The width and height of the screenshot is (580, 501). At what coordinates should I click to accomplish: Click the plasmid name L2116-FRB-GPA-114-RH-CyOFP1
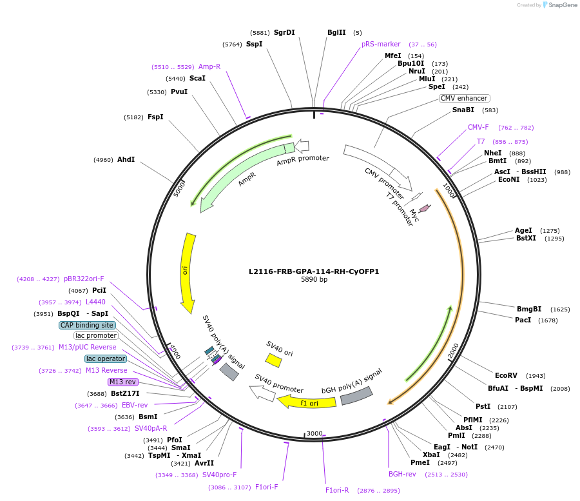[314, 271]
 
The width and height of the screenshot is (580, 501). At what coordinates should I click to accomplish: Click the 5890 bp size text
[314, 280]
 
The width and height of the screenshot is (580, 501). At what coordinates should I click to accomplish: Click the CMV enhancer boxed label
[464, 98]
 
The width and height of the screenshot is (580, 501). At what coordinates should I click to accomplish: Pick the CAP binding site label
[87, 325]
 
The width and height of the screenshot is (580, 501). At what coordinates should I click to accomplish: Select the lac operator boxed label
[106, 359]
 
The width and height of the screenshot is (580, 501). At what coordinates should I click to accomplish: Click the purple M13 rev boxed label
[123, 382]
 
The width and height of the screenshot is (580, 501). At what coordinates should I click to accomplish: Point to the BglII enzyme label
[336, 32]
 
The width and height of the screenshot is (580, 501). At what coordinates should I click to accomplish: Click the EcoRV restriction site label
[506, 375]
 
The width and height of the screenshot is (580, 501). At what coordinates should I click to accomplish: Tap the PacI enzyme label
[523, 320]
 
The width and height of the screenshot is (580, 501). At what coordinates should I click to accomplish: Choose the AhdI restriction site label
[126, 159]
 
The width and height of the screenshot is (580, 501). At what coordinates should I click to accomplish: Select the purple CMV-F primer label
[478, 127]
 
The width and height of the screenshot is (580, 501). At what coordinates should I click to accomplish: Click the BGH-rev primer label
[402, 474]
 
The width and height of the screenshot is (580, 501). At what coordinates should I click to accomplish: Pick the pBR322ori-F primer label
[84, 279]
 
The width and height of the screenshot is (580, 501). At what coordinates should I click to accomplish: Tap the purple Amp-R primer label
[209, 66]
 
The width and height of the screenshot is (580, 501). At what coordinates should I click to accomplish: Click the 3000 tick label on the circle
[314, 433]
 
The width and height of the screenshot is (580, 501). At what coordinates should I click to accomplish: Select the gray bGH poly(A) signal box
[356, 395]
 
